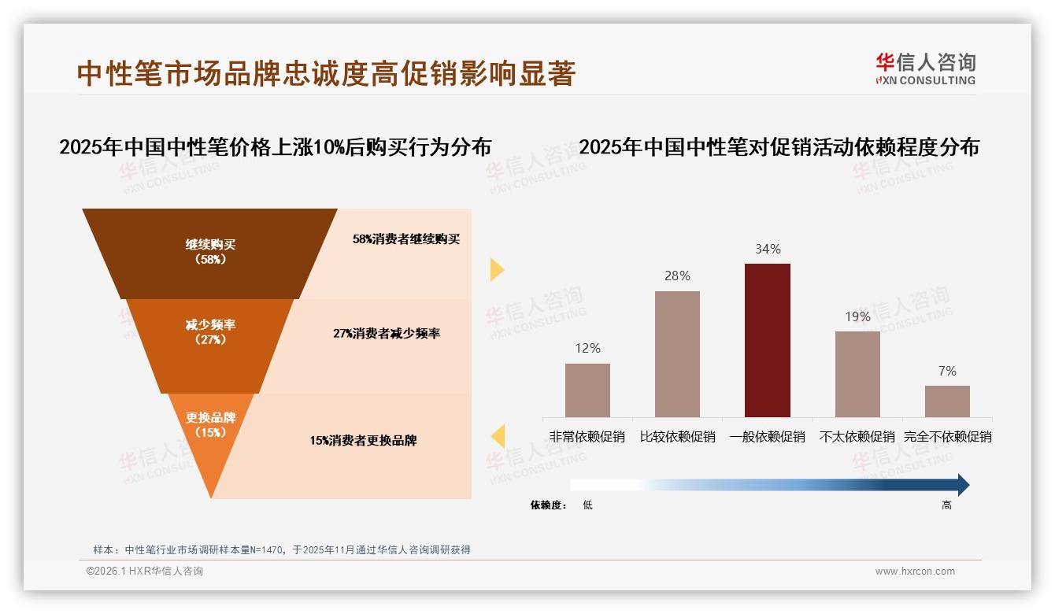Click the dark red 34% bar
[768, 340]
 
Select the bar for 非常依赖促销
[587, 390]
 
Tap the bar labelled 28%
[677, 353]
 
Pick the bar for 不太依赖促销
[857, 374]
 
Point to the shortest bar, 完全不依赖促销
[947, 401]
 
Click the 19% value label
[857, 316]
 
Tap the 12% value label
[587, 348]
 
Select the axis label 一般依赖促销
[768, 436]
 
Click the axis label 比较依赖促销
[677, 436]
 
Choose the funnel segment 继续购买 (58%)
[210, 252]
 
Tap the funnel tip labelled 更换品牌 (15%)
[210, 425]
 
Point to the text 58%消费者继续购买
[406, 239]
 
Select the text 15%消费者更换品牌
[363, 441]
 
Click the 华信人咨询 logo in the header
[925, 68]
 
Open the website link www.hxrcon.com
[915, 571]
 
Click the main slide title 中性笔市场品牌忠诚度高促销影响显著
[327, 73]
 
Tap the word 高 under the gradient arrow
[946, 505]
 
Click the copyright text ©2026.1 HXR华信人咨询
[145, 571]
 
